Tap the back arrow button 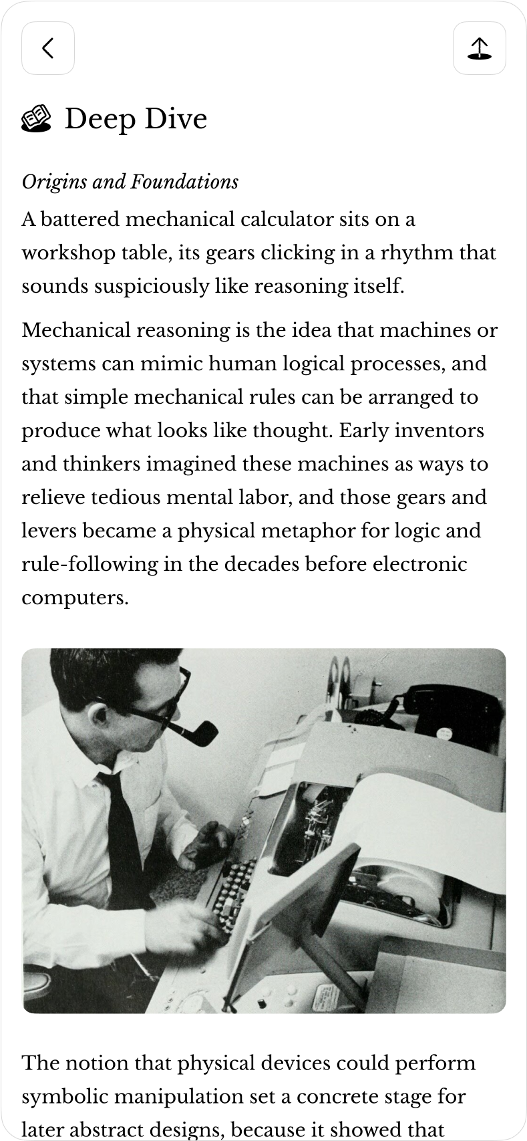pos(48,48)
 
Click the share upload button pos(479,48)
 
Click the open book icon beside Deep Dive pos(36,119)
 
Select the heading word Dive pos(176,119)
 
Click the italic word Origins pos(54,182)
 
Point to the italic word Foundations pos(184,182)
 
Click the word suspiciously pos(152,287)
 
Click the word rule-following pos(90,564)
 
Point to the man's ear pos(101,718)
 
